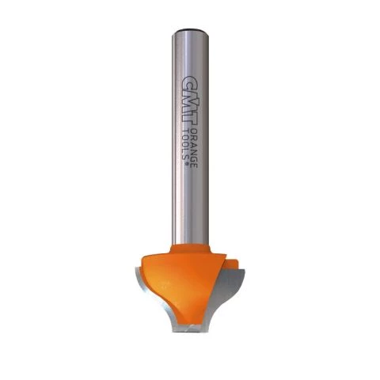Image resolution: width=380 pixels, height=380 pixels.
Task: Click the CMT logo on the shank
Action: [190, 101]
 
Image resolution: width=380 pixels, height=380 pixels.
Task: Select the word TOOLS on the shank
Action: [186, 145]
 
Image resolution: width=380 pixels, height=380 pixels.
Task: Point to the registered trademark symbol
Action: [187, 164]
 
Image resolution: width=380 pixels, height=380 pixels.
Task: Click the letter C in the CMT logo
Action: [190, 82]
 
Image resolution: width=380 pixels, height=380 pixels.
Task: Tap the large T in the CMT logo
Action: [190, 120]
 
